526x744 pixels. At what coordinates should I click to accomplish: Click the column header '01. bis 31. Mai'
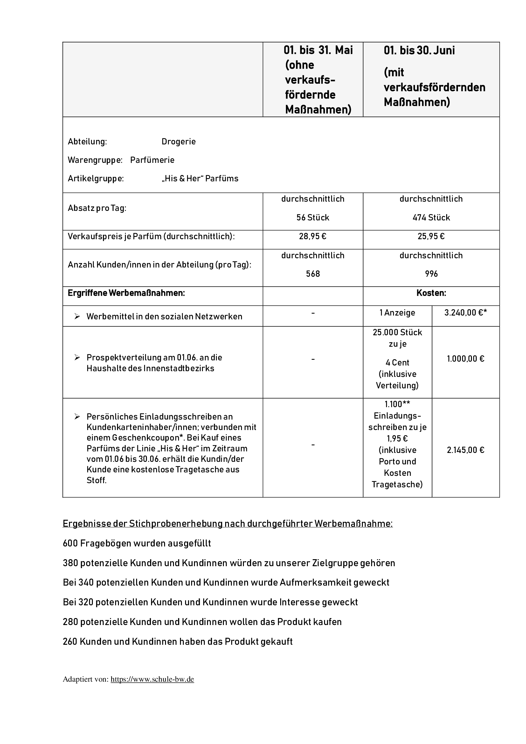pyautogui.click(x=318, y=50)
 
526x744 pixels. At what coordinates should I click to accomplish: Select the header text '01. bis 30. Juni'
pyautogui.click(x=419, y=51)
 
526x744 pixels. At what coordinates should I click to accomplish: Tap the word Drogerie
pyautogui.click(x=178, y=142)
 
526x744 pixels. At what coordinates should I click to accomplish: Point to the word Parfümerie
pyautogui.click(x=152, y=160)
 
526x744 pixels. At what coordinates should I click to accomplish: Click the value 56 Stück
pyautogui.click(x=313, y=218)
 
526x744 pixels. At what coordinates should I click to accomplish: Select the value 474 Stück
pyautogui.click(x=431, y=218)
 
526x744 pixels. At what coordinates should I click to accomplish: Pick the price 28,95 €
pyautogui.click(x=313, y=236)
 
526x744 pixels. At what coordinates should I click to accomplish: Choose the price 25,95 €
pyautogui.click(x=431, y=236)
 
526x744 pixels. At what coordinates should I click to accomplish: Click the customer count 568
pyautogui.click(x=313, y=274)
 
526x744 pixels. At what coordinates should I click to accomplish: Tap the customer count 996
pyautogui.click(x=431, y=274)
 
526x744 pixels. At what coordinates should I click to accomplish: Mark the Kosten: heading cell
pyautogui.click(x=431, y=293)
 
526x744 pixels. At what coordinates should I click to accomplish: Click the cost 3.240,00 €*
pyautogui.click(x=466, y=313)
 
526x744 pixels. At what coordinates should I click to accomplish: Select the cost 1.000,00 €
pyautogui.click(x=466, y=359)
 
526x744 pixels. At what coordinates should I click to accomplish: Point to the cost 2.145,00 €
pyautogui.click(x=466, y=450)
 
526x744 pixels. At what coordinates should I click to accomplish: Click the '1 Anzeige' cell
pyautogui.click(x=397, y=313)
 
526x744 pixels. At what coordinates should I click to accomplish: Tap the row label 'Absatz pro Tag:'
pyautogui.click(x=97, y=208)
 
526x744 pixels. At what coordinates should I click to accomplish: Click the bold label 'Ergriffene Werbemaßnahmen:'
pyautogui.click(x=126, y=293)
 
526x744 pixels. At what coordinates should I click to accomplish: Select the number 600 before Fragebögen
pyautogui.click(x=70, y=543)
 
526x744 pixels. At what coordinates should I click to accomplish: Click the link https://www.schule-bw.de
pyautogui.click(x=152, y=679)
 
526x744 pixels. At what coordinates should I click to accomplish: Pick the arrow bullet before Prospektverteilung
pyautogui.click(x=77, y=358)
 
